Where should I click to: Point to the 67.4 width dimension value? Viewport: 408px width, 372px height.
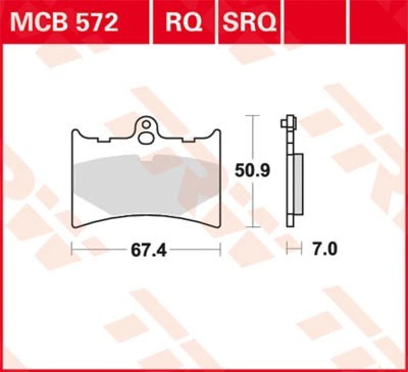[147, 251]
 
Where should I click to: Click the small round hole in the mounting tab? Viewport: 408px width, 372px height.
[146, 124]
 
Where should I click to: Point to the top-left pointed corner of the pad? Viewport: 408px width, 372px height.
[72, 131]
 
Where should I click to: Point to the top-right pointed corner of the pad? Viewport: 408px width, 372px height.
[219, 131]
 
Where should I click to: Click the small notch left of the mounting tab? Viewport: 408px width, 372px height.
[106, 139]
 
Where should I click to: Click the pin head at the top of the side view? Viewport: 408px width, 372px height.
[289, 123]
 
